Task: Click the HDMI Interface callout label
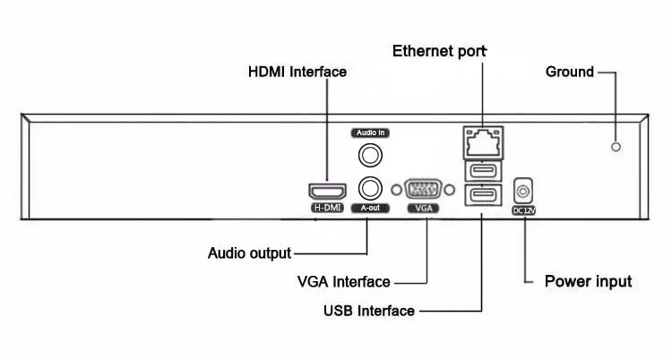297,72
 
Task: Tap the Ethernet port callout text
439,50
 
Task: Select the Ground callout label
569,72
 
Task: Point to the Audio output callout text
249,253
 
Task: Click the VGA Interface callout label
343,282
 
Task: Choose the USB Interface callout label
368,311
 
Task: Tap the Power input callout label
588,281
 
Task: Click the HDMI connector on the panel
328,191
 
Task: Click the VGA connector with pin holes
425,190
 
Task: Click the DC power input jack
523,191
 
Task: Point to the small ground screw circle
616,146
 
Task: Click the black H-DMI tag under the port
328,208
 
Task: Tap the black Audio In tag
370,132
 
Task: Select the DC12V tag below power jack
523,210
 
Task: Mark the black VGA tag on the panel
425,208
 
